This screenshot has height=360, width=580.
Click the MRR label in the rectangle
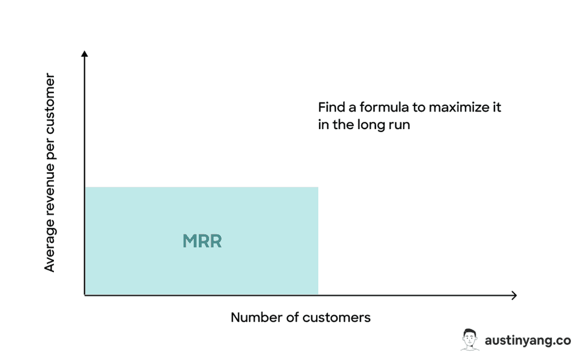click(202, 241)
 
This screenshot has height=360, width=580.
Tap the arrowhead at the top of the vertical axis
click(84, 54)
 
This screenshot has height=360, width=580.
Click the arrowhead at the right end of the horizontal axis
click(514, 295)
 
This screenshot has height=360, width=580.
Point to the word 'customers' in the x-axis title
click(336, 318)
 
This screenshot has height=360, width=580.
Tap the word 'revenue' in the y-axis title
click(50, 189)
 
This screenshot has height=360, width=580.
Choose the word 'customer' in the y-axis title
click(50, 104)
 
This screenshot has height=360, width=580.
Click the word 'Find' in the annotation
click(331, 107)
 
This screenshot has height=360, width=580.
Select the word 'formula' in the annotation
click(384, 107)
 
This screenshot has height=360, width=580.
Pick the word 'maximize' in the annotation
click(459, 107)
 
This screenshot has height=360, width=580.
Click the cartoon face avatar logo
click(470, 339)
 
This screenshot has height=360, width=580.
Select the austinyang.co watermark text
click(528, 340)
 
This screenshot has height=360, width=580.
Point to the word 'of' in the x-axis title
click(292, 317)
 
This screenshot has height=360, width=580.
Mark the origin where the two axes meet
click(85, 295)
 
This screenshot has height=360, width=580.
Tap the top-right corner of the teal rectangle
click(318, 187)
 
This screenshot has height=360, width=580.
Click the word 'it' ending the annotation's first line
click(496, 107)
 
